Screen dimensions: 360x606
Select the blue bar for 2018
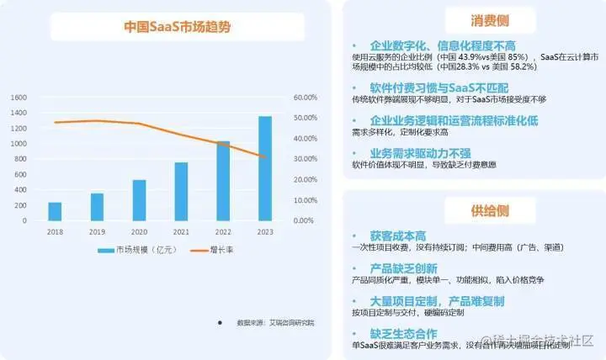(x=55, y=211)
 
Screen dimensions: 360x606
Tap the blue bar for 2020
(x=139, y=200)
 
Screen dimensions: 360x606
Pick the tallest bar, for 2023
(x=265, y=168)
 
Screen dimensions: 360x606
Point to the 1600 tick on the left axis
(x=19, y=98)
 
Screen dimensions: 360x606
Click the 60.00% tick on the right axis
(x=304, y=98)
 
